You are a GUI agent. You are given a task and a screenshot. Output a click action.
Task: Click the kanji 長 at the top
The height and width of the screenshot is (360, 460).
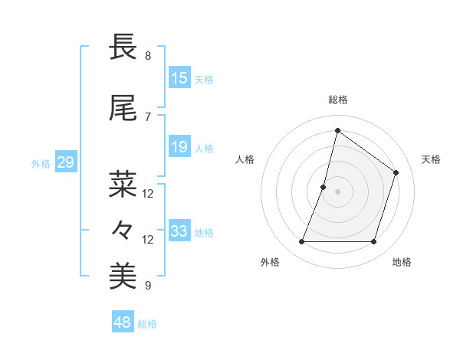123,47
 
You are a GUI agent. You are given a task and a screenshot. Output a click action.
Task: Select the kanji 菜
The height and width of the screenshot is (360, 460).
123,184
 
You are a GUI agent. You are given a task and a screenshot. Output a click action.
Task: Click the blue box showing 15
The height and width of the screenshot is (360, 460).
179,78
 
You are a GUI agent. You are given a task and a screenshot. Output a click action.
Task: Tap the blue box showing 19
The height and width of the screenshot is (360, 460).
179,147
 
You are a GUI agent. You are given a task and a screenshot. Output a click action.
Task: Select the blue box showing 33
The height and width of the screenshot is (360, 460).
179,231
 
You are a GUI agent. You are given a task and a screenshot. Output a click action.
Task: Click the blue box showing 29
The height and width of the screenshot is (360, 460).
65,162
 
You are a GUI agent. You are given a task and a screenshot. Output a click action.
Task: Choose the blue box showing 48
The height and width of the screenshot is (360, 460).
123,322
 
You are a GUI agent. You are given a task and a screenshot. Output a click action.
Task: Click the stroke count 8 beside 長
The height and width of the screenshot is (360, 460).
148,56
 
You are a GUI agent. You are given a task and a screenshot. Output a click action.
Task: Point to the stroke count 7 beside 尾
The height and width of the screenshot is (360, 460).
148,117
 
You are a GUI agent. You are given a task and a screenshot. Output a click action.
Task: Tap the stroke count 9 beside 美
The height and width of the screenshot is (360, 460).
148,286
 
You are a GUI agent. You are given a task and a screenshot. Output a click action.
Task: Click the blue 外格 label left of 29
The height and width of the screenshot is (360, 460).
40,163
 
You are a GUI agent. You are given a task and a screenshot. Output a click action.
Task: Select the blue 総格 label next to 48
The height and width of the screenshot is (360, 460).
147,323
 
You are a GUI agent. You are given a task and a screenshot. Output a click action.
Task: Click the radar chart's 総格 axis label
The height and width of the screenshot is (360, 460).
337,100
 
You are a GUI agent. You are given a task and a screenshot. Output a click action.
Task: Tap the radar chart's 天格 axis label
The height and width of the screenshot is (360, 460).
431,159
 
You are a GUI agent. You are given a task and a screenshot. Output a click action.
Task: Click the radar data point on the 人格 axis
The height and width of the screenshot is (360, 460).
324,187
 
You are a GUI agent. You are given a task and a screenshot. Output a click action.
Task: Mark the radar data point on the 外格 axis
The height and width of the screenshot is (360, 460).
301,242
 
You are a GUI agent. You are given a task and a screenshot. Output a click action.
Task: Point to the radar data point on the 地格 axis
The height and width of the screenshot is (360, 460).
373,242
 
